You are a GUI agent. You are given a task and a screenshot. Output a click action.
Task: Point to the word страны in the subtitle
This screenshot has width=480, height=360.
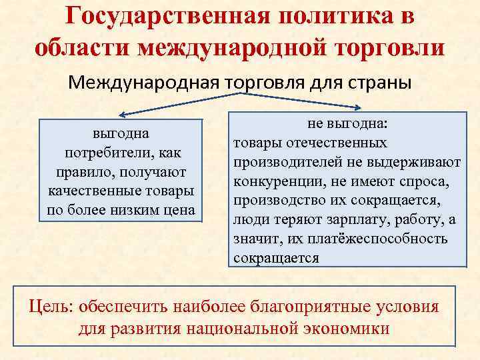pyautogui.click(x=375, y=83)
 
